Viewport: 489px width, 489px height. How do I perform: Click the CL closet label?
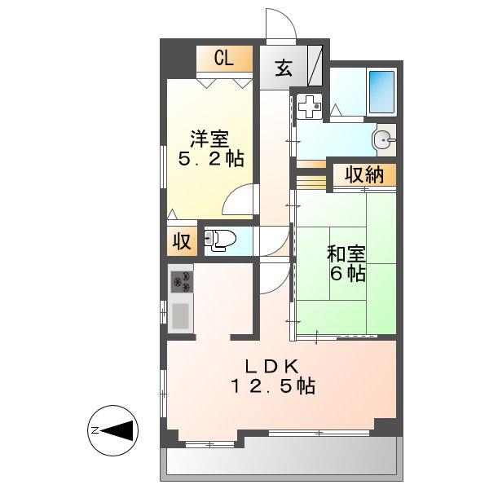tap(223, 58)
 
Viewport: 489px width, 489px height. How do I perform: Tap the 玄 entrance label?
tap(284, 68)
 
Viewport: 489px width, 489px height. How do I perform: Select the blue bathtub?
tap(381, 92)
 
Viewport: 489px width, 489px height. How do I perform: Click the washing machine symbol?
tap(309, 106)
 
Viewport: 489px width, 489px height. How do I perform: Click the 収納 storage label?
tap(364, 174)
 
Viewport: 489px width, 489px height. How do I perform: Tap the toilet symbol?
tap(220, 240)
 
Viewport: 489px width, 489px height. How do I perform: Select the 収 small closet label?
tap(182, 241)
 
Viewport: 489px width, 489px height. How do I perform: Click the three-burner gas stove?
tap(182, 282)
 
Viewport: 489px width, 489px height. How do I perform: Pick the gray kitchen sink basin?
tap(180, 315)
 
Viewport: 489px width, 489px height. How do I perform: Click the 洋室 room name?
tap(209, 139)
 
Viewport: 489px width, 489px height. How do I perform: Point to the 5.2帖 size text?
tap(211, 159)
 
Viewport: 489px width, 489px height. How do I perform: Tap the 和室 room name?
tap(346, 253)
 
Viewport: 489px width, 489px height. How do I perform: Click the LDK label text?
tap(272, 367)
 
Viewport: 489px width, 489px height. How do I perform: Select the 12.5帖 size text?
tap(272, 386)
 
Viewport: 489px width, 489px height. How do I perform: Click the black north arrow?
tap(119, 430)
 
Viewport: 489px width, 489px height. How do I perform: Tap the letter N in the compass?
tap(95, 430)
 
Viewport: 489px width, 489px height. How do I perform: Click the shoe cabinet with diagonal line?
tap(315, 66)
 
